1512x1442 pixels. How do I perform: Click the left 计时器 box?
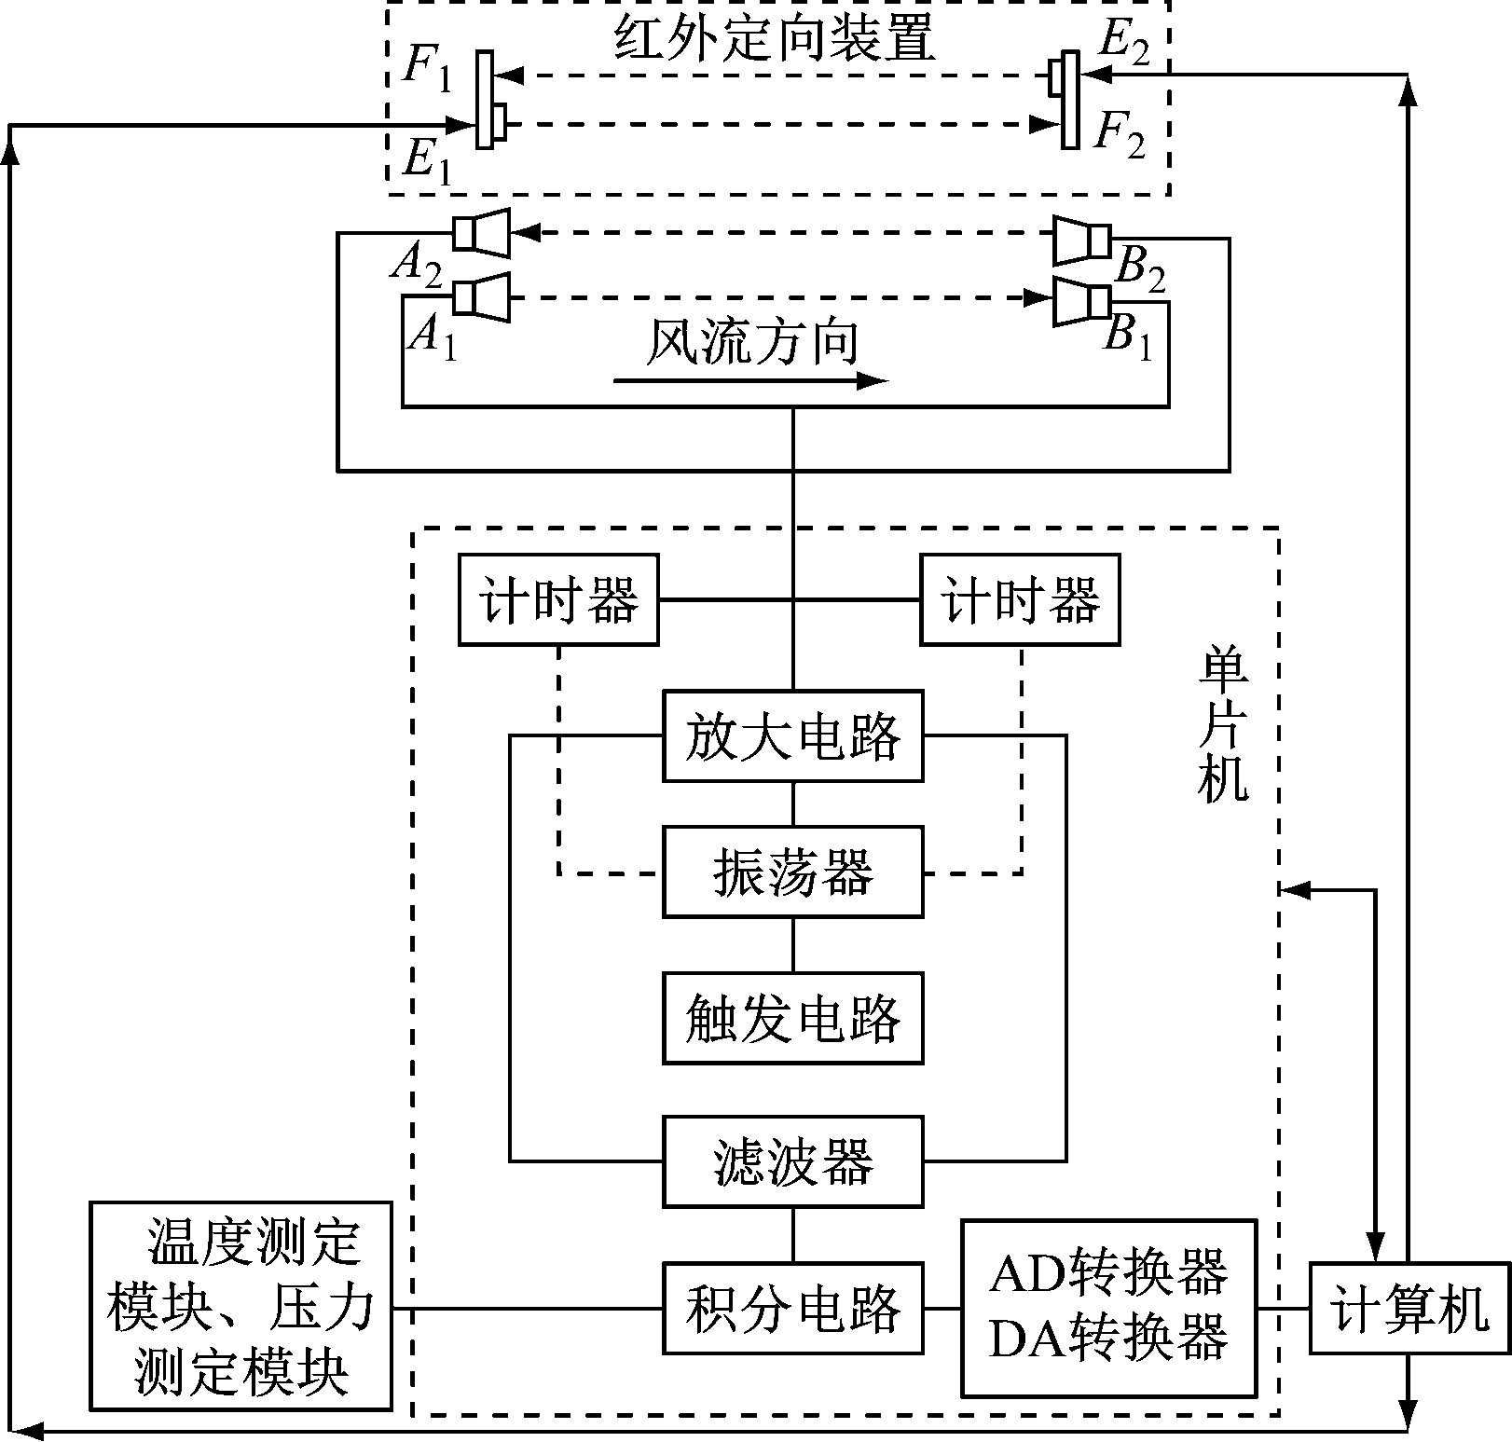tap(558, 599)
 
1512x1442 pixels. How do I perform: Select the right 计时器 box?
tap(1020, 599)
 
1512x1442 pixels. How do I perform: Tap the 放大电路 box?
tap(792, 735)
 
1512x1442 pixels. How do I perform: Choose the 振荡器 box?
tap(792, 872)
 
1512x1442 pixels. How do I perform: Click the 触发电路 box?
tap(792, 1018)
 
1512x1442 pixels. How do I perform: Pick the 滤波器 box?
tap(792, 1161)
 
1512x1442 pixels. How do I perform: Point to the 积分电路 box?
tap(792, 1308)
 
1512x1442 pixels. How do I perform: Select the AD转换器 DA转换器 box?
tap(1108, 1308)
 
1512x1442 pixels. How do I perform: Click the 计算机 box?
tap(1409, 1308)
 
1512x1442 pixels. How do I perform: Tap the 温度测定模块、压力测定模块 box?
tap(241, 1305)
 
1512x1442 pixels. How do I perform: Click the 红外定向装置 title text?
tap(774, 39)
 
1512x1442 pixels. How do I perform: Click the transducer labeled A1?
tap(482, 298)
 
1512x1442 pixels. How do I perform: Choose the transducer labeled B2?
tap(1082, 240)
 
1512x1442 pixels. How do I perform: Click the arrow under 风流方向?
tap(750, 380)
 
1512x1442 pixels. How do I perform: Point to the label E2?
tap(1123, 41)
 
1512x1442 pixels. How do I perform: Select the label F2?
tap(1119, 135)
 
